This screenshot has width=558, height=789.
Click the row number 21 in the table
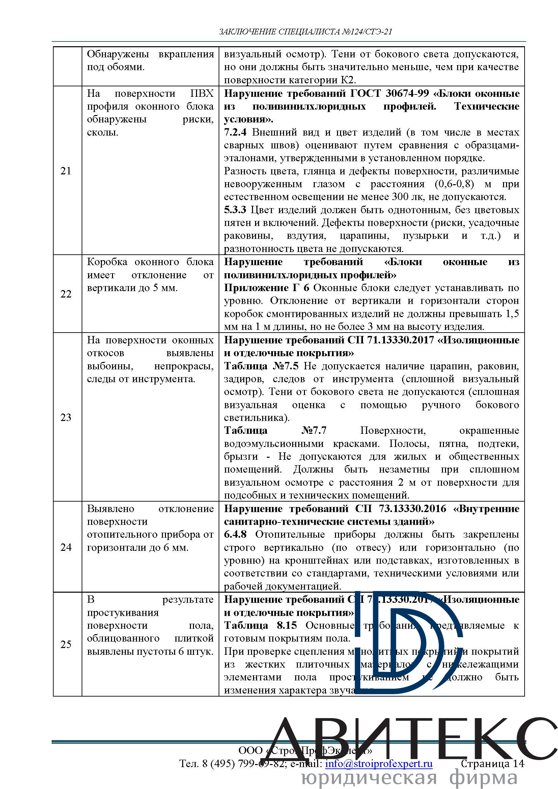[x=66, y=171]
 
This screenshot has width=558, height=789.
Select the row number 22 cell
[x=66, y=294]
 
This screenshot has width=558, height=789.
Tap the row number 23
[x=66, y=418]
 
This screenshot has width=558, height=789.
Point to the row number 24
[x=66, y=547]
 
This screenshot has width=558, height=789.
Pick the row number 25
[x=66, y=644]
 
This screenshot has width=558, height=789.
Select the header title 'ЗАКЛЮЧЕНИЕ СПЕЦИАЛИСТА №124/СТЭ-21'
[x=305, y=32]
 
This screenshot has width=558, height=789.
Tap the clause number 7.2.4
[x=235, y=132]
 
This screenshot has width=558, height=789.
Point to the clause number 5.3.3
[x=235, y=210]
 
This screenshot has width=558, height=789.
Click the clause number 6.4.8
[x=235, y=535]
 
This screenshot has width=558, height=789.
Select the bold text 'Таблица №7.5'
[x=261, y=366]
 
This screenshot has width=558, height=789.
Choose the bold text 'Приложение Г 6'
[x=266, y=288]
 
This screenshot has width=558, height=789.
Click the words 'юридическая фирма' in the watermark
[x=409, y=779]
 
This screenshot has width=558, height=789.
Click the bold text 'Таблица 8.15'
[x=260, y=625]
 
